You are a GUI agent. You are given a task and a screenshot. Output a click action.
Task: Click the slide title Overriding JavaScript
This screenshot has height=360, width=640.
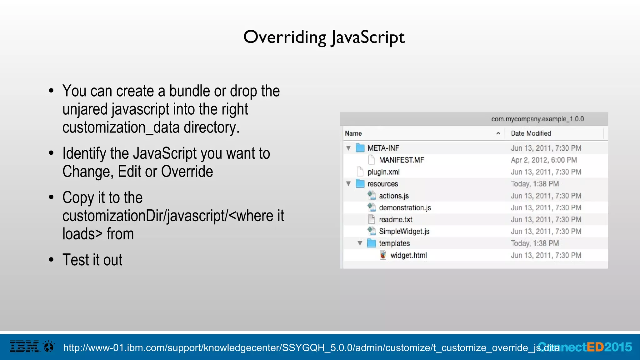(324, 37)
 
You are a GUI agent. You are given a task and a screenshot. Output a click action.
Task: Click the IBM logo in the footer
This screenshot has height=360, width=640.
(24, 347)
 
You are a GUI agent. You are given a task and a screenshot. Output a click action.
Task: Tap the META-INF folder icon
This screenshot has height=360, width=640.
(360, 148)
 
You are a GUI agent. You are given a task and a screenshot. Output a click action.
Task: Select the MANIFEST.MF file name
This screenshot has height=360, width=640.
(401, 160)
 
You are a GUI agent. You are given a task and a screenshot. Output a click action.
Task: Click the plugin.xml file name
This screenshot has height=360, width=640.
(383, 172)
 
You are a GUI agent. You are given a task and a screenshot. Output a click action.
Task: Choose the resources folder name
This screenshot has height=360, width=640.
(382, 184)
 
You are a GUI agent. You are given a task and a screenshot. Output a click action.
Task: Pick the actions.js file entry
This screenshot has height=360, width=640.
(393, 196)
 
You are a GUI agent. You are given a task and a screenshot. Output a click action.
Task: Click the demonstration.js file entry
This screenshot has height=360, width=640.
(405, 208)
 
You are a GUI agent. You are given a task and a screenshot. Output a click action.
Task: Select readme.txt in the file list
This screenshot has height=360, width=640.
(395, 220)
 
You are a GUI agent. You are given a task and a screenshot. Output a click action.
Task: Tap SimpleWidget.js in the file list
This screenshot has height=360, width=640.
(404, 232)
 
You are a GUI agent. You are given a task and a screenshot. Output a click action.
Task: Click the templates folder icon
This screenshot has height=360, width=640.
(371, 243)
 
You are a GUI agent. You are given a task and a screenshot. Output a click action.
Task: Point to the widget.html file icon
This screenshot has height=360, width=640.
(383, 255)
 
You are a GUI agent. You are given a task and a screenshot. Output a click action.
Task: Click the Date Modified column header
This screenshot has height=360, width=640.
(531, 133)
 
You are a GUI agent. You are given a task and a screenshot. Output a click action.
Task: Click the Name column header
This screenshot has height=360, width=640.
(353, 133)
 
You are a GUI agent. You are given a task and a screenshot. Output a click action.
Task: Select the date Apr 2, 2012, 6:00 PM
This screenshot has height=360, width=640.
(544, 160)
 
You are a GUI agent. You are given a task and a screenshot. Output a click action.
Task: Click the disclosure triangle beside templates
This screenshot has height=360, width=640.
(360, 243)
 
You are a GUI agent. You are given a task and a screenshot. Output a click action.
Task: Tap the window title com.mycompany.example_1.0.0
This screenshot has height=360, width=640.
(537, 119)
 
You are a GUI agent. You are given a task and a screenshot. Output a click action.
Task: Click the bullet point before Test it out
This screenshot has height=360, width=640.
(51, 260)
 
